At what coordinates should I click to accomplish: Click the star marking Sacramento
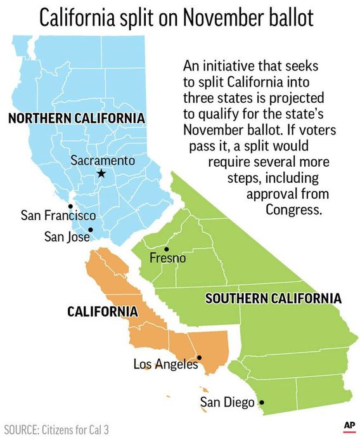tap(100, 173)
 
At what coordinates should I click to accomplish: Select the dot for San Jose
tap(91, 230)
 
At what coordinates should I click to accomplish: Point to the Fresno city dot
tap(167, 249)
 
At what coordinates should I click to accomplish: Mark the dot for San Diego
tap(262, 402)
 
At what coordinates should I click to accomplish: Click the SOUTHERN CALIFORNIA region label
tap(273, 298)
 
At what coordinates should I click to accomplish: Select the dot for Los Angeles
tap(199, 357)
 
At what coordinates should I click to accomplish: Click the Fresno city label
tap(167, 258)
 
